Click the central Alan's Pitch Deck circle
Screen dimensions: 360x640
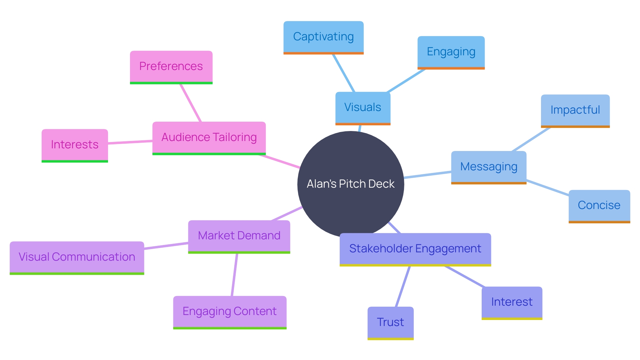(x=350, y=184)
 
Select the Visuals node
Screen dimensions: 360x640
(x=363, y=108)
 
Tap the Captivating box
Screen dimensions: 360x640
(x=323, y=37)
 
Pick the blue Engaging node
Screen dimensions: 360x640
(x=451, y=52)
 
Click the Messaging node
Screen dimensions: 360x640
(x=489, y=167)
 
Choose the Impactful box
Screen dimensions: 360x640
(x=575, y=110)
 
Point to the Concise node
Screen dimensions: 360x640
(x=599, y=206)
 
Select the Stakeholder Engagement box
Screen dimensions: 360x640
(x=415, y=249)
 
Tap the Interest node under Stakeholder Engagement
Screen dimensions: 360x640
(x=512, y=302)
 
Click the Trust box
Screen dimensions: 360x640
(x=390, y=322)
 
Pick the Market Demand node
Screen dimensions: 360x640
(x=239, y=236)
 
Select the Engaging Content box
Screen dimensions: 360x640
(x=230, y=312)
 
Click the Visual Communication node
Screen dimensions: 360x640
(x=77, y=257)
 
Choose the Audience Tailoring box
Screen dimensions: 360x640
(x=209, y=138)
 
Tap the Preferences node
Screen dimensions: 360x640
(x=171, y=67)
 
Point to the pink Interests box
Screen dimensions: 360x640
(x=75, y=145)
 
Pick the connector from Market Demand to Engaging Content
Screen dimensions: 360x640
(x=234, y=275)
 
